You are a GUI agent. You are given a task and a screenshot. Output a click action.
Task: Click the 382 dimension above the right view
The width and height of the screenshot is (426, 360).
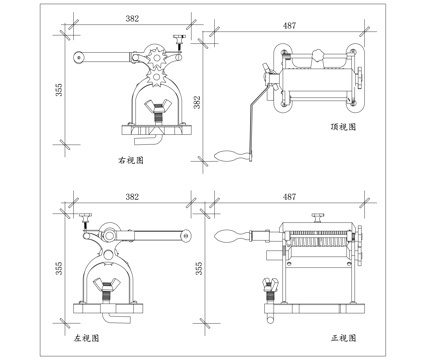131,19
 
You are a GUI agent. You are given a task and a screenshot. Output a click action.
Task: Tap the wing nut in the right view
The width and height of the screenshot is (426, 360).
156,105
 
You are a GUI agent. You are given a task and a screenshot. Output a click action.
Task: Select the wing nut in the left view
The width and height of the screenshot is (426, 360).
106,289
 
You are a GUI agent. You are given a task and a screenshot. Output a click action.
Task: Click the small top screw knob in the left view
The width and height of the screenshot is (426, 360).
86,217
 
